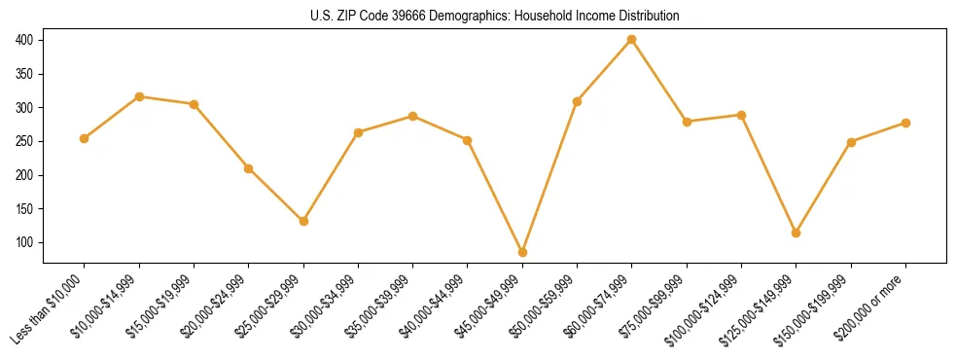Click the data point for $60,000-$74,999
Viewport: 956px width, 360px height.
pyautogui.click(x=632, y=40)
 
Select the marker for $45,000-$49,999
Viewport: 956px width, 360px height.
pyautogui.click(x=522, y=252)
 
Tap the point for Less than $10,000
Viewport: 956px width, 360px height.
pyautogui.click(x=85, y=138)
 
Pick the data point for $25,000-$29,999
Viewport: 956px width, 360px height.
pyautogui.click(x=303, y=221)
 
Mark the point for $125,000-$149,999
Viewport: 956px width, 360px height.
pyautogui.click(x=797, y=233)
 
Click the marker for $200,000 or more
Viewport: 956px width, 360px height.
pyautogui.click(x=905, y=123)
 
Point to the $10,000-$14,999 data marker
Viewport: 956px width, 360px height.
pyautogui.click(x=139, y=96)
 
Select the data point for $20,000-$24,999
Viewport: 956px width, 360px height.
pyautogui.click(x=249, y=168)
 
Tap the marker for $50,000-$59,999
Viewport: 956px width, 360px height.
pyautogui.click(x=578, y=101)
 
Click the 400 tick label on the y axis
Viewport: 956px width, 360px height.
pyautogui.click(x=24, y=40)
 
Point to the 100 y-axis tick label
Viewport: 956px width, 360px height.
pyautogui.click(x=24, y=242)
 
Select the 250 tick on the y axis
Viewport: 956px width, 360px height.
pyautogui.click(x=24, y=141)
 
